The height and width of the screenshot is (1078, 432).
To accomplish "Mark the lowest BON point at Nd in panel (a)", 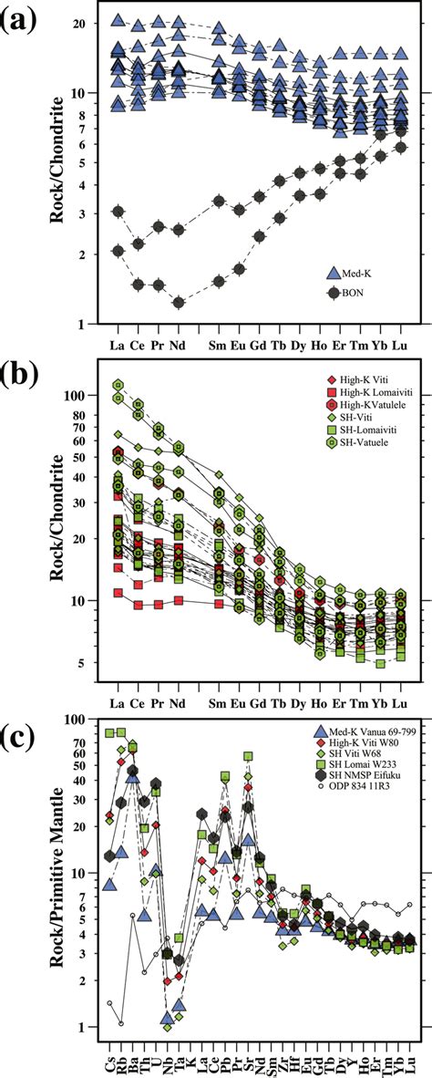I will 180,302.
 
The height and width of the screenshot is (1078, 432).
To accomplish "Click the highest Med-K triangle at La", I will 118,20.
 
